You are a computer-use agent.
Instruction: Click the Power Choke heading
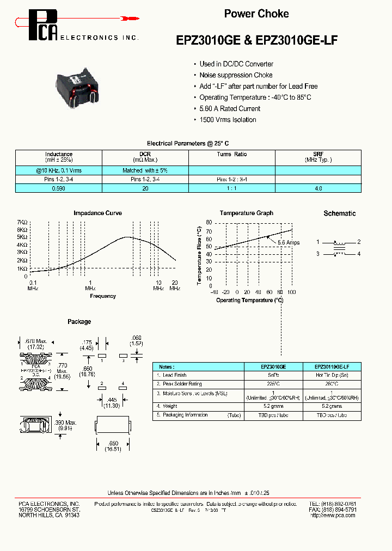pyautogui.click(x=256, y=14)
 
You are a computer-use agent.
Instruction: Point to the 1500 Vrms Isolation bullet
pyautogui.click(x=228, y=120)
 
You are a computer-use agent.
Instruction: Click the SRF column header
pyautogui.click(x=318, y=155)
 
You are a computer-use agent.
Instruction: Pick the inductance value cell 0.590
pyautogui.click(x=58, y=188)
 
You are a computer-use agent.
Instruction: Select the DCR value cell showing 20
pyautogui.click(x=145, y=188)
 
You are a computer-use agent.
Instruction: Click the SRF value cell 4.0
pyautogui.click(x=318, y=188)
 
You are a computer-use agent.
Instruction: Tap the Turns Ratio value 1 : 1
pyautogui.click(x=231, y=188)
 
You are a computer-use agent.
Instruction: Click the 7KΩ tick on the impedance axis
pyautogui.click(x=22, y=223)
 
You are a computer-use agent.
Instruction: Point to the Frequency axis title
pyautogui.click(x=103, y=296)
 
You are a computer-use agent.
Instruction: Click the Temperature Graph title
pyautogui.click(x=247, y=213)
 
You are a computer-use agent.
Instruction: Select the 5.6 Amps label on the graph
pyautogui.click(x=289, y=242)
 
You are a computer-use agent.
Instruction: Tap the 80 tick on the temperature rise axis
pyautogui.click(x=209, y=223)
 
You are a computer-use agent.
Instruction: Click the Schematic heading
pyautogui.click(x=339, y=213)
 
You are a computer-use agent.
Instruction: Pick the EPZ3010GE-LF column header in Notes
pyautogui.click(x=332, y=367)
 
